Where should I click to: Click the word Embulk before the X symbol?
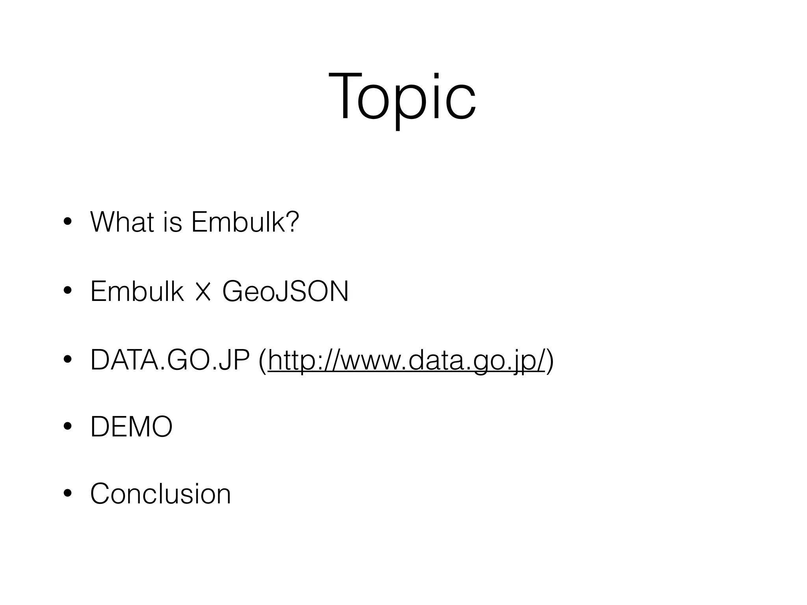click(x=137, y=291)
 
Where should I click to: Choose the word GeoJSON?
click(x=285, y=291)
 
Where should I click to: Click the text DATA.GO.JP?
click(x=170, y=360)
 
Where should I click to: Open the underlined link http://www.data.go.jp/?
click(x=406, y=360)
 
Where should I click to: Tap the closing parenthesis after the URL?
click(x=550, y=361)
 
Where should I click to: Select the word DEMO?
click(x=131, y=427)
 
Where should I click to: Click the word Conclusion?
click(x=160, y=494)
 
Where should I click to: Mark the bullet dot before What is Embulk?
click(x=68, y=223)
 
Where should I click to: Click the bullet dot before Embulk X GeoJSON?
click(x=68, y=292)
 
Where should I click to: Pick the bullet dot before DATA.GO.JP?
click(x=68, y=360)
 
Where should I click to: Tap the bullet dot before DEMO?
click(x=68, y=427)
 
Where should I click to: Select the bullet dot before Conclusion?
click(x=68, y=494)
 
